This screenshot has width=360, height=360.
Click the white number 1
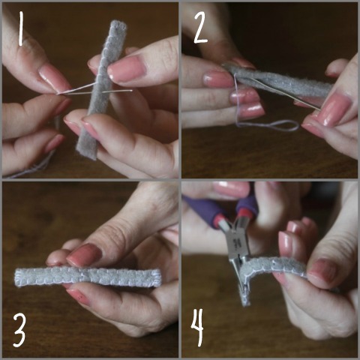pyautogui.click(x=21, y=28)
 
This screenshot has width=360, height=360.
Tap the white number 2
pyautogui.click(x=201, y=28)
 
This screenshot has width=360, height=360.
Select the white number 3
pyautogui.click(x=19, y=331)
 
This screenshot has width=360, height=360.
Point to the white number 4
pyautogui.click(x=197, y=328)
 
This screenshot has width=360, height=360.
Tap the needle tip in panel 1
pyautogui.click(x=132, y=91)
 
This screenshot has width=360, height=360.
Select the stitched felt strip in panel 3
pyautogui.click(x=88, y=277)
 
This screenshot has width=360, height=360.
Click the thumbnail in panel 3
pyautogui.click(x=84, y=254)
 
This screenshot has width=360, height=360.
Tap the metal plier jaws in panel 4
pyautogui.click(x=238, y=260)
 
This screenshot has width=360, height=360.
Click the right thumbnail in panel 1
pyautogui.click(x=127, y=69)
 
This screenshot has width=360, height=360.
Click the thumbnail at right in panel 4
pyautogui.click(x=322, y=272)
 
